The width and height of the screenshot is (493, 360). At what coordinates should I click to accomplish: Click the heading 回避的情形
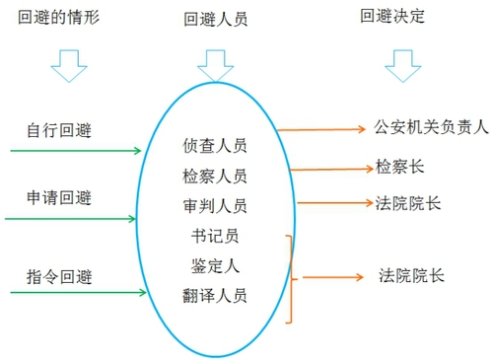coord(58,18)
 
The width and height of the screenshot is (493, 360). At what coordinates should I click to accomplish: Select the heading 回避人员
coord(215,19)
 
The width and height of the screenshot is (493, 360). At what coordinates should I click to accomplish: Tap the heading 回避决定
coord(393,17)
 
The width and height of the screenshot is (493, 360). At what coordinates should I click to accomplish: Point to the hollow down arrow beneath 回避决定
coord(400,67)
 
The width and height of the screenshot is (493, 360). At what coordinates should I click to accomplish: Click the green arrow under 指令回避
coord(74,293)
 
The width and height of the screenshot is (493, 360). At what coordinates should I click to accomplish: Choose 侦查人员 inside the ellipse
coord(215,146)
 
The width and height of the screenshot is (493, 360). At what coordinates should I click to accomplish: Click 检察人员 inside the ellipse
coord(215,177)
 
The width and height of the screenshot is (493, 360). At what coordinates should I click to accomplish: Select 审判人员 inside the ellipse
coord(215,206)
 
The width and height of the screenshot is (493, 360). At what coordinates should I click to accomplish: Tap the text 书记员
coord(215,237)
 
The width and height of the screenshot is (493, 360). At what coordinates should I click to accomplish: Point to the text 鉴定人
coord(215,265)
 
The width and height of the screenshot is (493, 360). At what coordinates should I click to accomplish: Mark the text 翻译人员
coord(215,295)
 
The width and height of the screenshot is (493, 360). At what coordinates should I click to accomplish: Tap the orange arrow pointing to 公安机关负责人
coord(320,129)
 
